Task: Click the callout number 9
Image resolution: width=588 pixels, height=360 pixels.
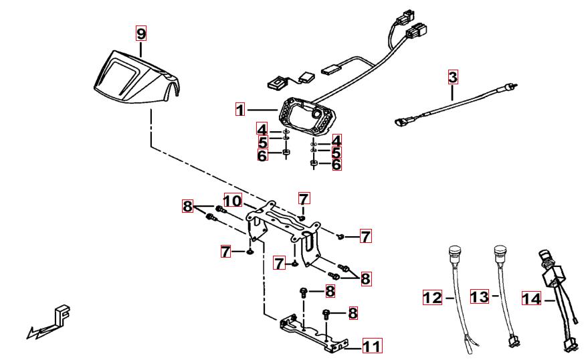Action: (140, 33)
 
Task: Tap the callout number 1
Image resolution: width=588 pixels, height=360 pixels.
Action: (240, 108)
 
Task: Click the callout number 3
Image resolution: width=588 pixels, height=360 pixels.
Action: (453, 77)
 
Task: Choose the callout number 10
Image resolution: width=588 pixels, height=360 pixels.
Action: (231, 201)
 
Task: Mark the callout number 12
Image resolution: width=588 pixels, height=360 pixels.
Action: (433, 297)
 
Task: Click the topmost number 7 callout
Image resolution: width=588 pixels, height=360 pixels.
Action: (304, 198)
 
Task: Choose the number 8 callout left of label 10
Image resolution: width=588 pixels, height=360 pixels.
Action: (187, 206)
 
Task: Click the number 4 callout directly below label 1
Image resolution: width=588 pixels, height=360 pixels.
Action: (262, 128)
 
